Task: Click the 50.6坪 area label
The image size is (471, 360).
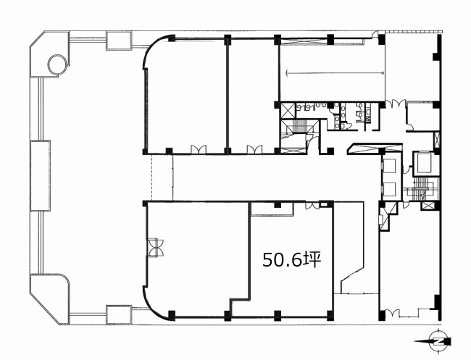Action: click(292, 260)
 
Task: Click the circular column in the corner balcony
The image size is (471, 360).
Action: click(58, 64)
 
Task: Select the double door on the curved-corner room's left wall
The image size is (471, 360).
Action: click(156, 248)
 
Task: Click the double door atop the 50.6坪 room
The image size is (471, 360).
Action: click(312, 206)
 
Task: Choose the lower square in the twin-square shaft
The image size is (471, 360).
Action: click(390, 188)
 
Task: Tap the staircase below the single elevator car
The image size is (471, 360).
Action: click(422, 188)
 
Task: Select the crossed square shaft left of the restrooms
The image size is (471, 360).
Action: click(286, 111)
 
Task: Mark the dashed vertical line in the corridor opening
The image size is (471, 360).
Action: click(151, 177)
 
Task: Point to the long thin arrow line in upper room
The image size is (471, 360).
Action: click(335, 72)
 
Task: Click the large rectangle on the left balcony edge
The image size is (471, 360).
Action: click(41, 175)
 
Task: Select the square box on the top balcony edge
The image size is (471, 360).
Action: click(119, 41)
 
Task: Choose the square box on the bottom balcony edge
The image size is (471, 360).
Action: click(119, 314)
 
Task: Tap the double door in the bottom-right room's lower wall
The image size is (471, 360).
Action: click(392, 313)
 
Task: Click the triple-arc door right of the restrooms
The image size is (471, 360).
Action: click(396, 104)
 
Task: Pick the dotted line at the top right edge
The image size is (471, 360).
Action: click(413, 31)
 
